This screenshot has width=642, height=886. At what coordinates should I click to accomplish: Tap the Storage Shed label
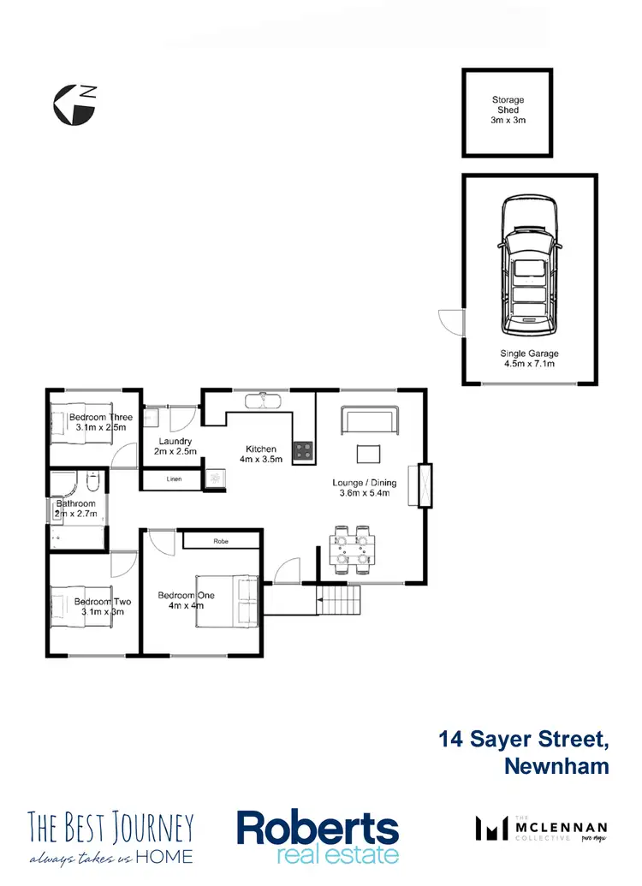(508, 110)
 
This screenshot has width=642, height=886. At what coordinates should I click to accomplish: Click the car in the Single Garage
(529, 267)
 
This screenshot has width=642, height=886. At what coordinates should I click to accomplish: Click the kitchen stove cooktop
(303, 451)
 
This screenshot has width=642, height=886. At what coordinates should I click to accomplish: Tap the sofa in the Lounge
(369, 420)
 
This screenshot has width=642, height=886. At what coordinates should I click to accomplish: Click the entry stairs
(339, 601)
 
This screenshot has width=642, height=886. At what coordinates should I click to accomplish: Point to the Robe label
(220, 541)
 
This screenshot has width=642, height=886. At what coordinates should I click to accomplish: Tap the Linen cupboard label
(173, 479)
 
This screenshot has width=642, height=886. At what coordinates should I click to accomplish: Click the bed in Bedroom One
(228, 599)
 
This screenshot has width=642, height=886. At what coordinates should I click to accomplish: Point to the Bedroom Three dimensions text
(100, 427)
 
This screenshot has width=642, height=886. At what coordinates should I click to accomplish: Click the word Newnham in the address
(556, 764)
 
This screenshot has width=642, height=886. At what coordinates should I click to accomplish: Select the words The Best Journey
(111, 827)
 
